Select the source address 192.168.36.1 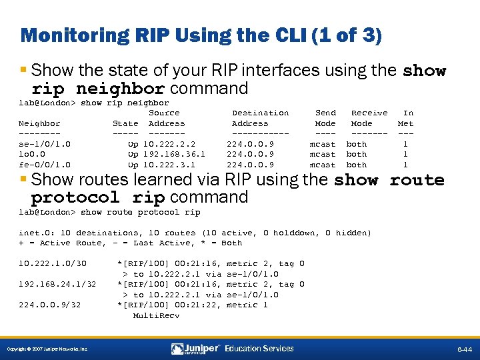(175, 154)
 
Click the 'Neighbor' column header (39, 123)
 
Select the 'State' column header (125, 123)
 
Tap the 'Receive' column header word (369, 113)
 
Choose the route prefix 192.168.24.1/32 (57, 284)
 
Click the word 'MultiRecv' (156, 315)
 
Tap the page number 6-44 (464, 349)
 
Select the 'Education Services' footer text (259, 349)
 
